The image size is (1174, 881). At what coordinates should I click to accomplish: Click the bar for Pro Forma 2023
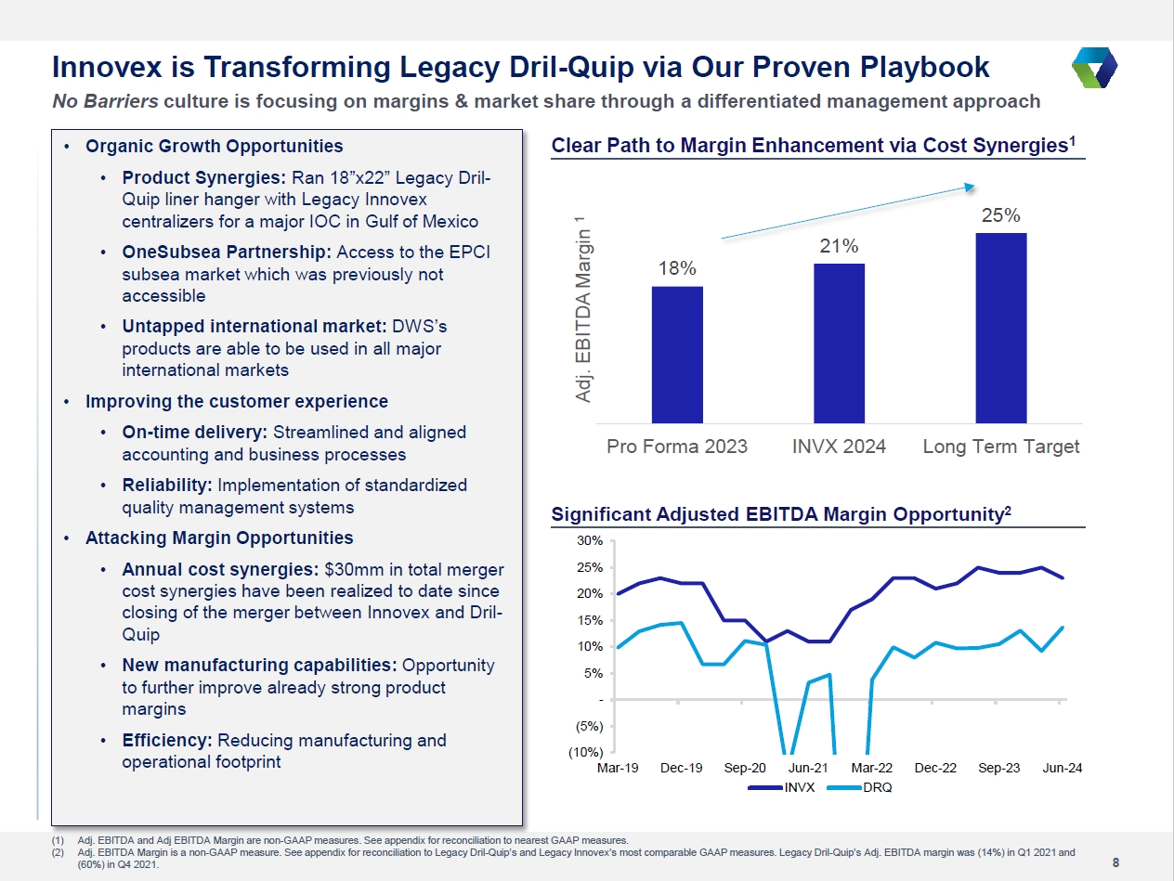pos(677,354)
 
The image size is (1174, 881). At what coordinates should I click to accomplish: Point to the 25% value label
pos(1000,215)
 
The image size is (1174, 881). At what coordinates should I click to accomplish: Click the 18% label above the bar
pos(677,268)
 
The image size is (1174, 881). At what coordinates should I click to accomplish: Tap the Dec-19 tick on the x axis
pos(682,769)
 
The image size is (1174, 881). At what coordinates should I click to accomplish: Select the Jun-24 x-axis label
pos(1061,769)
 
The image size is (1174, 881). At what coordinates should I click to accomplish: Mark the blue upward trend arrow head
pos(965,188)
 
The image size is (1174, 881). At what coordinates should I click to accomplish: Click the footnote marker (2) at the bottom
pos(59,851)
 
